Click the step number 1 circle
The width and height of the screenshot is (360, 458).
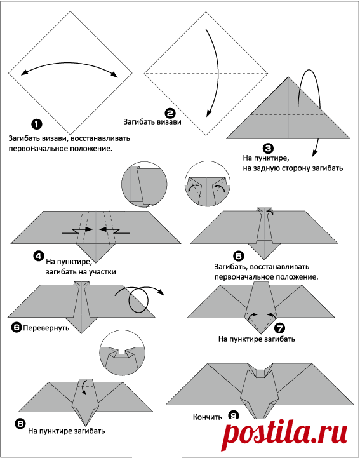click(x=36, y=124)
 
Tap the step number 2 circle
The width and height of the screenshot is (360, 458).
click(x=170, y=113)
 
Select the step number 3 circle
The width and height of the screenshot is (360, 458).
click(x=268, y=149)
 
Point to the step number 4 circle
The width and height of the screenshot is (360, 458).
click(x=39, y=256)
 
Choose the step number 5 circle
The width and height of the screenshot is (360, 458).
click(x=239, y=256)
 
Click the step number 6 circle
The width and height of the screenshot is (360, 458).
click(x=17, y=327)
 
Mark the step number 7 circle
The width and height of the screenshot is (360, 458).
click(x=280, y=328)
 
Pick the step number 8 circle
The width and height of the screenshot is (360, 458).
click(x=20, y=424)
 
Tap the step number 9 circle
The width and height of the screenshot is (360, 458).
click(x=234, y=415)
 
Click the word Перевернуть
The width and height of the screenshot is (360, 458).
click(x=46, y=328)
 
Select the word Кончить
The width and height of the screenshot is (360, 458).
click(x=207, y=417)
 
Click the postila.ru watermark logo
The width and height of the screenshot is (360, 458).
click(x=284, y=434)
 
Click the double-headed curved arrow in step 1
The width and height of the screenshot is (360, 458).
click(x=69, y=64)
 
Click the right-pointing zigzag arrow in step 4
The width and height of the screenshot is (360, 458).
click(x=77, y=231)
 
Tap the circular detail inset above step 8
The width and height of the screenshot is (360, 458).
click(x=122, y=353)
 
